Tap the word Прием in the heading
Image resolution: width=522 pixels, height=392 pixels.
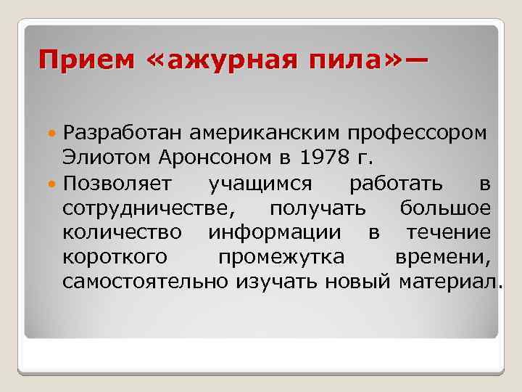[86, 60]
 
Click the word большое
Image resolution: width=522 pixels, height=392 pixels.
[445, 208]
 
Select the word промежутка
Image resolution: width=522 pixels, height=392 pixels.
[291, 258]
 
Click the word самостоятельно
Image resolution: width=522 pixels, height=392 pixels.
[146, 282]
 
